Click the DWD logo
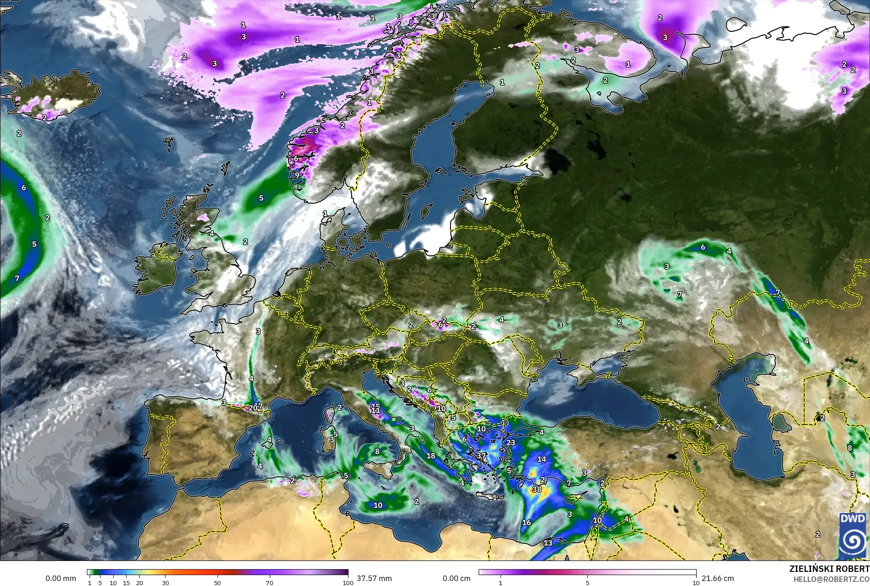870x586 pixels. (x=853, y=535)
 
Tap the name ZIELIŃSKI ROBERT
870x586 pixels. (x=829, y=569)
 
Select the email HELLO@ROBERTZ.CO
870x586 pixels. (x=831, y=579)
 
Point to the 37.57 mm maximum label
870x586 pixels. (x=374, y=578)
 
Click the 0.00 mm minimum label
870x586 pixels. (x=61, y=578)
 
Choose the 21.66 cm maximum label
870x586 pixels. (x=718, y=578)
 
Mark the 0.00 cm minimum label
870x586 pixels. (x=456, y=578)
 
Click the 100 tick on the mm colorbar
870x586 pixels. (x=348, y=582)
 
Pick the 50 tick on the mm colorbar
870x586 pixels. (x=217, y=582)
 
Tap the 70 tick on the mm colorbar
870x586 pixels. (x=269, y=582)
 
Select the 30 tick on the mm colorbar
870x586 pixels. (x=166, y=582)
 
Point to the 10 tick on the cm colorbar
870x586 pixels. (x=696, y=582)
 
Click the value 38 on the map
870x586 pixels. (x=537, y=489)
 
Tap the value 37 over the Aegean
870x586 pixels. (x=481, y=455)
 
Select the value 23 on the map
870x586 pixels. (x=511, y=443)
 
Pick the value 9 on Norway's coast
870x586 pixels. (x=297, y=175)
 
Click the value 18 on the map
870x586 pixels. (x=430, y=455)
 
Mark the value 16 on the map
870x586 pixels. (x=526, y=522)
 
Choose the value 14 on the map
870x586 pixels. (x=541, y=459)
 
